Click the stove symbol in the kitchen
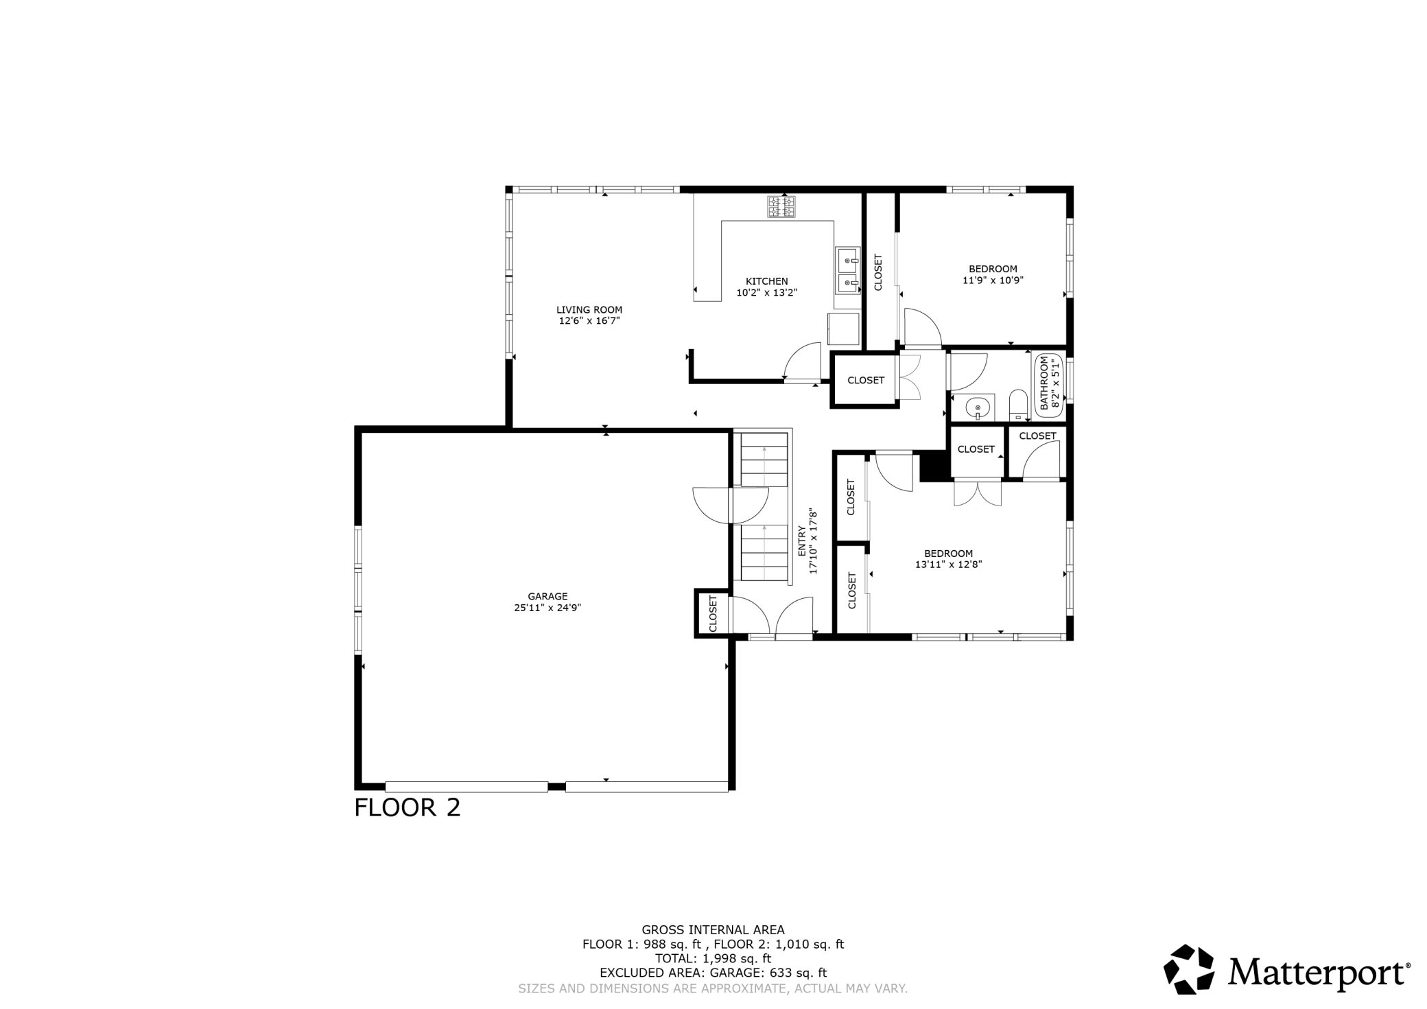point(781,206)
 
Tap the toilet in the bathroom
point(1019,405)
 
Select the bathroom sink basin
point(977,409)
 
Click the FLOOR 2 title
point(407,807)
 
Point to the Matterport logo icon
point(1189,969)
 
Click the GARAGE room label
point(547,597)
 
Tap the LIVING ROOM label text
point(589,310)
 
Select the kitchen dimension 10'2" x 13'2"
point(767,292)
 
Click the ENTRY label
point(802,542)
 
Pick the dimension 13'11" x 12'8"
point(949,565)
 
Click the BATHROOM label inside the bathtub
point(1045,383)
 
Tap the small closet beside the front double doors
point(713,613)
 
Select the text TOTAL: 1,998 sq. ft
point(713,958)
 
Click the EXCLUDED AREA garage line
point(713,973)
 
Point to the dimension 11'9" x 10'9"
point(993,280)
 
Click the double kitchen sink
point(848,271)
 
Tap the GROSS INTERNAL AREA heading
point(713,930)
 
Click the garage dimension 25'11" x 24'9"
point(547,608)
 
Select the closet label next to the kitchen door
point(866,380)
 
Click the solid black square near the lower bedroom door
point(933,466)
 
